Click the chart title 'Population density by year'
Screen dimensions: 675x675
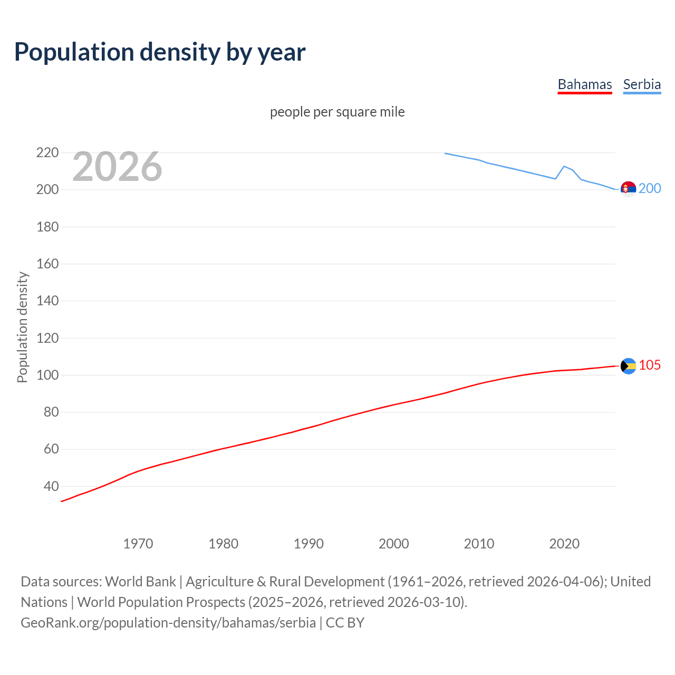click(x=160, y=52)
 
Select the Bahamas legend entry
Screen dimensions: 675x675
click(x=584, y=84)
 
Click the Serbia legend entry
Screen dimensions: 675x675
click(x=642, y=84)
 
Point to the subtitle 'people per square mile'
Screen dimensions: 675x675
click(x=337, y=112)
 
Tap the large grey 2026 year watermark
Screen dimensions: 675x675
click(x=117, y=167)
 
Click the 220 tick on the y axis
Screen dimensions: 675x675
click(x=47, y=153)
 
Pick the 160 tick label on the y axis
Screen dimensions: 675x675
click(x=47, y=264)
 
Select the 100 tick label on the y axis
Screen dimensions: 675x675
click(x=47, y=375)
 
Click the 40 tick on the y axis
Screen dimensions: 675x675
click(x=51, y=486)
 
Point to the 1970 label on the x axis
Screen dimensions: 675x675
click(x=138, y=543)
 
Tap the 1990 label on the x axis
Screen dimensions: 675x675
click(x=308, y=543)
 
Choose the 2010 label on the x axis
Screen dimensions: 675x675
click(x=479, y=543)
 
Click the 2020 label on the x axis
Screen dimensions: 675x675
click(x=564, y=543)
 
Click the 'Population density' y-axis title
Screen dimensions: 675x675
click(x=22, y=327)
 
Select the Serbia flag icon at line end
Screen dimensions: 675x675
click(x=628, y=189)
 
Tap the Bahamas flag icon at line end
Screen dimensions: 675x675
click(x=628, y=365)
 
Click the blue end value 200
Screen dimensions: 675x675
click(x=650, y=189)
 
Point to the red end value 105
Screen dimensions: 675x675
click(x=650, y=365)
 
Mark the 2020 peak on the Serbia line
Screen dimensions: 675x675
click(x=564, y=166)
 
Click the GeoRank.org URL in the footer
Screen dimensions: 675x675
click(x=168, y=622)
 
